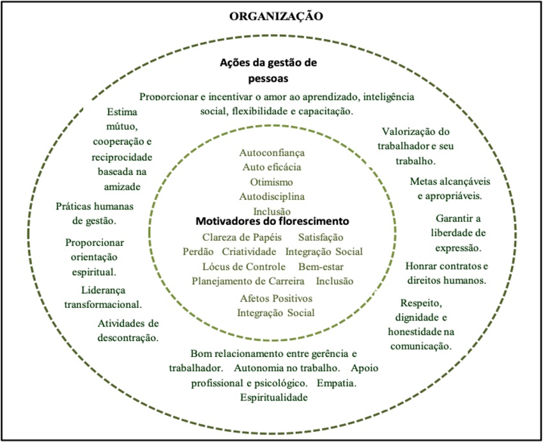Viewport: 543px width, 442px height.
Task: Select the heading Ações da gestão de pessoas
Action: pos(268,71)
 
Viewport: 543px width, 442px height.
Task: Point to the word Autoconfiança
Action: pos(272,153)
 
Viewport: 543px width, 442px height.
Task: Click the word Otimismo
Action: pos(272,181)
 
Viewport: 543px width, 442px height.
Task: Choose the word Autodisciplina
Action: pos(272,196)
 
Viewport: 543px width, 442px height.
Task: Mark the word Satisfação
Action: pos(321,237)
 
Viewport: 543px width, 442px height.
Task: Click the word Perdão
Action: pos(198,251)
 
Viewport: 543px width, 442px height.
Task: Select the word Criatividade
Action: pos(249,251)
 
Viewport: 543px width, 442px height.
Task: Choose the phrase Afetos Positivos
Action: pos(276,298)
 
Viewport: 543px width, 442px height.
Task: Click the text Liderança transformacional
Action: pos(103,297)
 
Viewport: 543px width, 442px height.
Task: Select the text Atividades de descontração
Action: pos(128,330)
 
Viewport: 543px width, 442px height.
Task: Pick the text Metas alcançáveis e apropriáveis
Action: pos(445,188)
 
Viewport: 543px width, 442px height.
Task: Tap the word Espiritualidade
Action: pos(274,397)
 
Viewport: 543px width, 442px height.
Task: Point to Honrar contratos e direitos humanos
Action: pos(447,273)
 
